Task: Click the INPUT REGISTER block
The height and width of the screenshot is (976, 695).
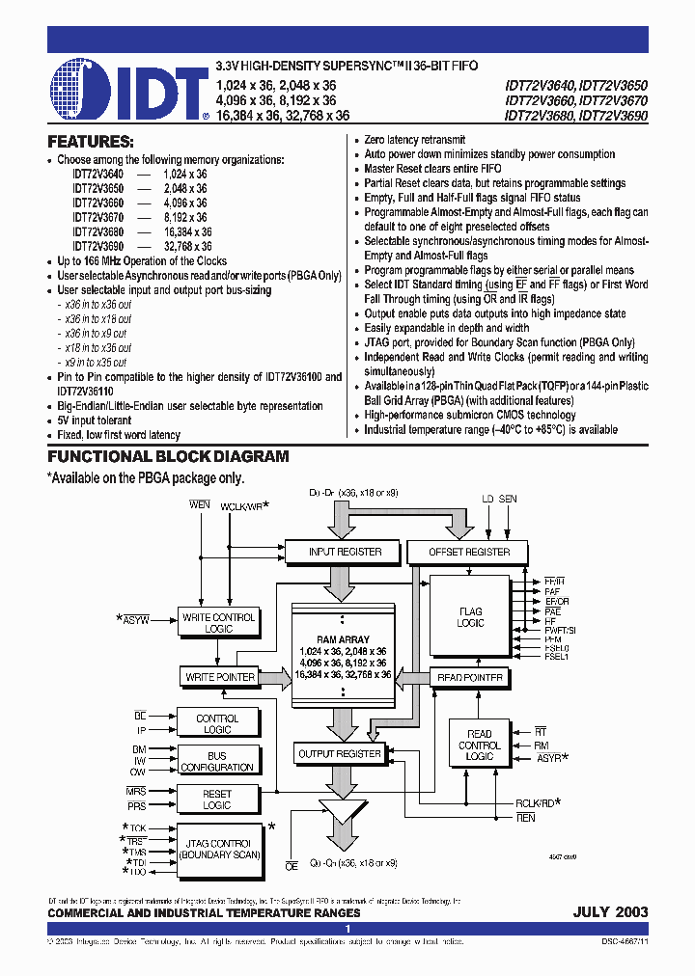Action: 345,552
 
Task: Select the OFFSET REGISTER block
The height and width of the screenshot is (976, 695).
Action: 468,552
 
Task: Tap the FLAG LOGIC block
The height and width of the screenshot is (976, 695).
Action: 471,617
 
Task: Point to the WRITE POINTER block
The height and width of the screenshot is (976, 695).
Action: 220,677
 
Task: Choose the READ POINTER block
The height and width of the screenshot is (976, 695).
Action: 471,677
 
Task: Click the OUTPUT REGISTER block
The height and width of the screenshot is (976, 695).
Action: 341,753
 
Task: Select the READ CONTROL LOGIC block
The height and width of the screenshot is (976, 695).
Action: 479,746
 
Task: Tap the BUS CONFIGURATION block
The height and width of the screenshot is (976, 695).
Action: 217,761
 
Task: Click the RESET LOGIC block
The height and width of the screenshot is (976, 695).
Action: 217,799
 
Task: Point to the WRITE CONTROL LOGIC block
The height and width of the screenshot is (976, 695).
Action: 219,622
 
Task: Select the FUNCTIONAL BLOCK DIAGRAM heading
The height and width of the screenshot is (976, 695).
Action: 168,457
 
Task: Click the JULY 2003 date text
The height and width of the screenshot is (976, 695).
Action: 610,912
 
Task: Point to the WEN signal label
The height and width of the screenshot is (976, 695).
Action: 200,504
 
